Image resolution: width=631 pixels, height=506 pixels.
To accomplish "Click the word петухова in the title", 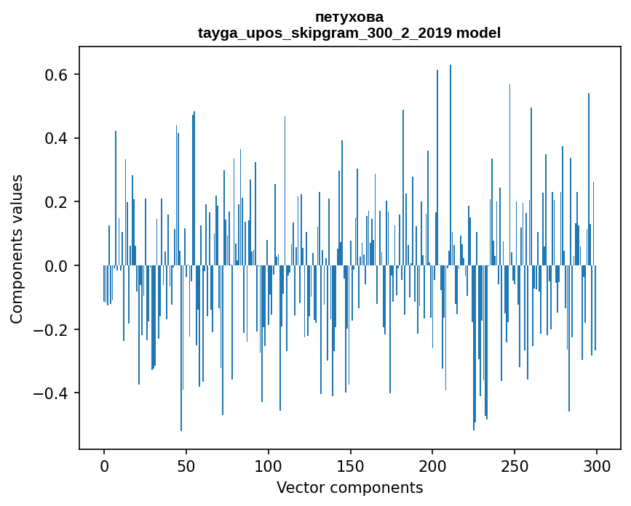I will (x=349, y=17).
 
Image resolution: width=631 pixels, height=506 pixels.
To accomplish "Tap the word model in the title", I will (x=479, y=33).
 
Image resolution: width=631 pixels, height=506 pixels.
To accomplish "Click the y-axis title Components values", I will (x=17, y=248).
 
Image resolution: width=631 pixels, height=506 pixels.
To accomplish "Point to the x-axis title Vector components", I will (x=349, y=488).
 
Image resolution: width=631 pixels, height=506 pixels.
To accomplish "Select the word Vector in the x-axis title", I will (x=300, y=488).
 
